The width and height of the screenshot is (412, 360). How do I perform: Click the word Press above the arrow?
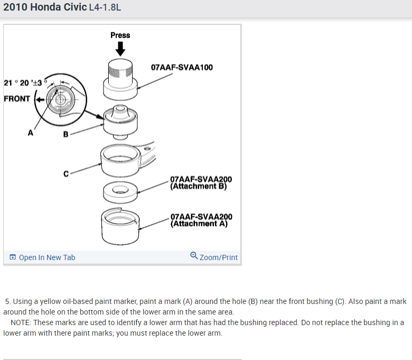tap(120, 35)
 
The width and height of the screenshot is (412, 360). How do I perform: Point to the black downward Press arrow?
tap(120, 49)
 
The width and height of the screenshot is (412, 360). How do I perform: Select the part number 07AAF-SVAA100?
tap(182, 68)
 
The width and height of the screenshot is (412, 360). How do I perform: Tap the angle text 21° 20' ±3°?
tap(24, 83)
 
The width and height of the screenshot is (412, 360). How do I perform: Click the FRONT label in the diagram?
tap(17, 98)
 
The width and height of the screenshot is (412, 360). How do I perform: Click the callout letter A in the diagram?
tap(31, 133)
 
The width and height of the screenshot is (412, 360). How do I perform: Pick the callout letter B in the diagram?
tap(65, 134)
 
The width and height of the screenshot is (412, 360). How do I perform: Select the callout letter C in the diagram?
tap(66, 173)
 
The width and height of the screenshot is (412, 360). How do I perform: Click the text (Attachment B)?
tap(199, 186)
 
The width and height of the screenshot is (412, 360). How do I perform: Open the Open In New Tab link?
tap(47, 257)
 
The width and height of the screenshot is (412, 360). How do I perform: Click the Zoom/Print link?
tap(219, 257)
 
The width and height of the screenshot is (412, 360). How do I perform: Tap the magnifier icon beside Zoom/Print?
tap(194, 257)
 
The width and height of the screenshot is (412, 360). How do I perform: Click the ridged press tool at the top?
tap(120, 77)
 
